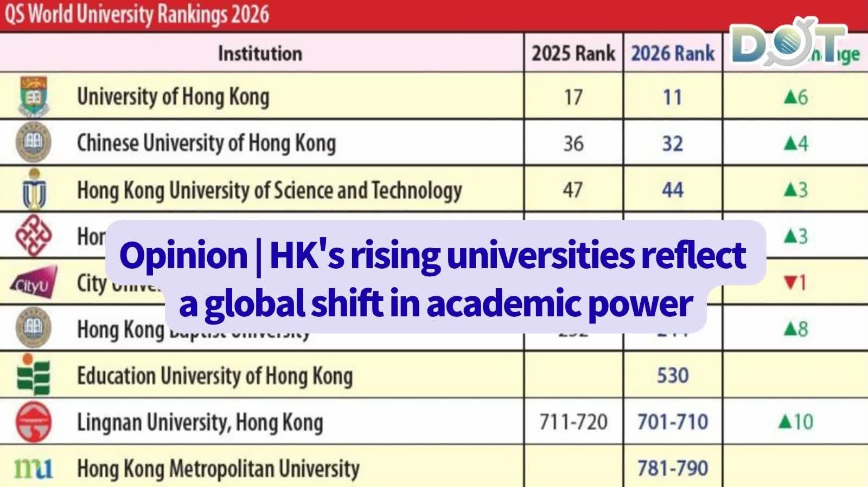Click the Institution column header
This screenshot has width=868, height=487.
coord(260,53)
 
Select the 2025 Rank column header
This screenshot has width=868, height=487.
coord(573,53)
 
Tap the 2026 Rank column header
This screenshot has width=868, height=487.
coord(673,53)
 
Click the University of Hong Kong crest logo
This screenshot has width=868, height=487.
coord(34,96)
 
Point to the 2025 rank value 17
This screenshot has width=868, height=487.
coord(573,98)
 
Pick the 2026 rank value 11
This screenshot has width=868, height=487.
coord(673,98)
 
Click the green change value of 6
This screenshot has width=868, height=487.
coord(796,98)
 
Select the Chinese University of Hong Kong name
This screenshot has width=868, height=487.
coord(206,143)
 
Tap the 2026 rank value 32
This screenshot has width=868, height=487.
coord(673,144)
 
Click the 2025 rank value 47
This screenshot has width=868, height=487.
coord(573,190)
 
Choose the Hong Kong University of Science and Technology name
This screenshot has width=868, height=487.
coord(270,190)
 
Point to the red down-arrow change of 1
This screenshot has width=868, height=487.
coord(795,283)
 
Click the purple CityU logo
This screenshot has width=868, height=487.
coord(34,282)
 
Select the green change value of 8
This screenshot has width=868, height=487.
coord(796,329)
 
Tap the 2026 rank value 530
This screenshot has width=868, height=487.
coord(673,375)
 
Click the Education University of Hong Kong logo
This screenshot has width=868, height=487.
coord(34,375)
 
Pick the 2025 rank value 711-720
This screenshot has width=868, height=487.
coord(573,422)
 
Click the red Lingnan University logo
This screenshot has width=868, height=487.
coord(34,421)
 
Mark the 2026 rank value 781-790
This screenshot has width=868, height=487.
coord(673,468)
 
